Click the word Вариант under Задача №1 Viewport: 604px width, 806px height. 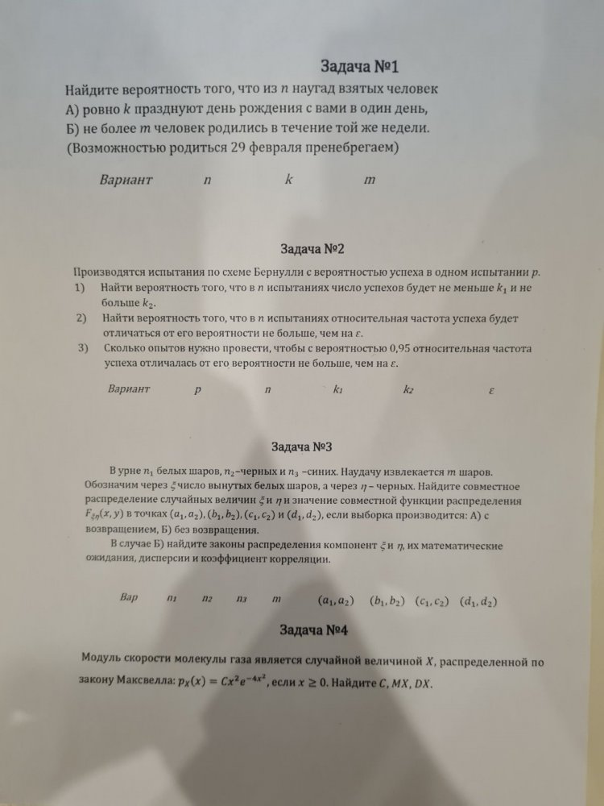click(x=126, y=180)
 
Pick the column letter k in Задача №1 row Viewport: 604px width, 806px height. click(x=288, y=180)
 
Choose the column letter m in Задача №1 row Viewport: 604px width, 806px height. click(x=370, y=180)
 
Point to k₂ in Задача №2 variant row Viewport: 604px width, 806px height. click(x=408, y=390)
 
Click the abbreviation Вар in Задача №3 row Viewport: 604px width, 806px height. click(x=129, y=598)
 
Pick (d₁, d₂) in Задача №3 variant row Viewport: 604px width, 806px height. click(x=478, y=600)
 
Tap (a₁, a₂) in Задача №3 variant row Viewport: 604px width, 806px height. click(x=337, y=600)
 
